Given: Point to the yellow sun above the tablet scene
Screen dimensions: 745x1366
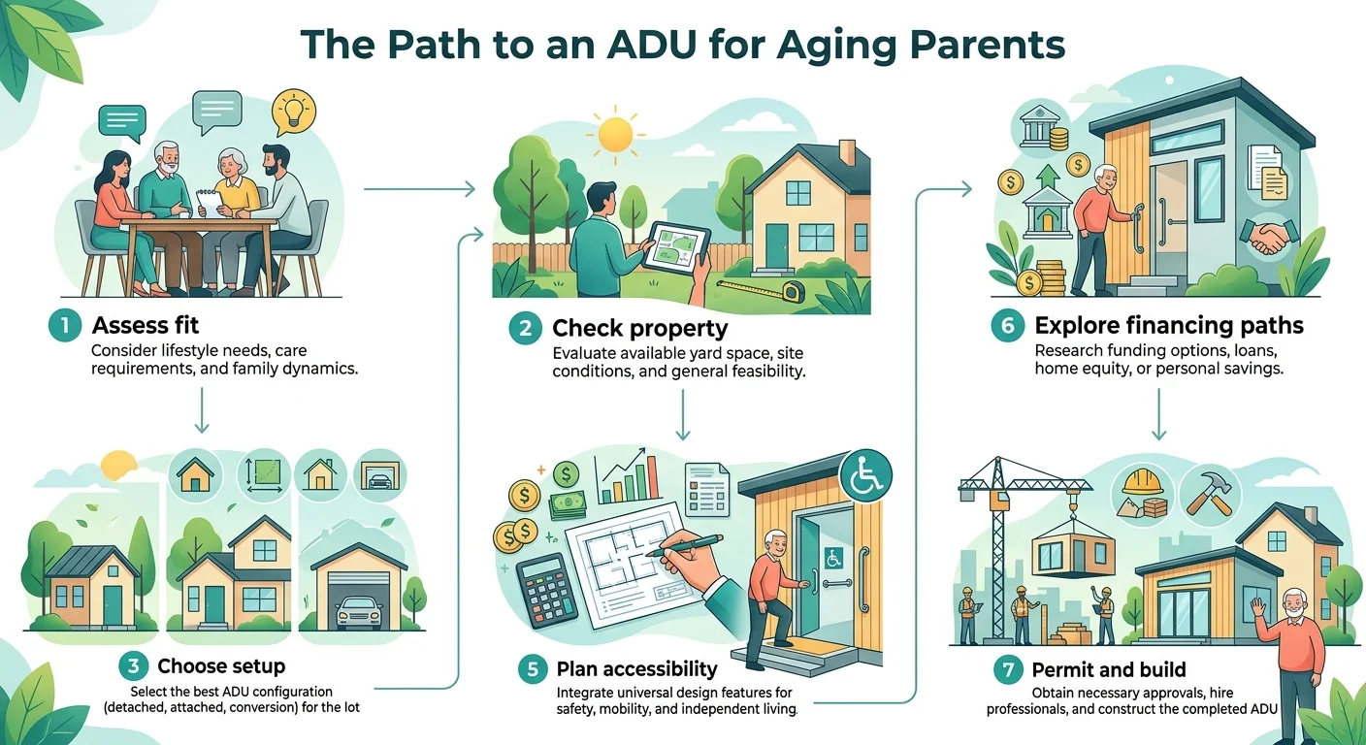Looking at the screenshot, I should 615,135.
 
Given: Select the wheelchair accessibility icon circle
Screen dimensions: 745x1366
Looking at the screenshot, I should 866,475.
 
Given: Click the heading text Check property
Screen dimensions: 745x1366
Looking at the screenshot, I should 639,328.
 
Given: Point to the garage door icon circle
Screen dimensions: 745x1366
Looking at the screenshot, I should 378,475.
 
